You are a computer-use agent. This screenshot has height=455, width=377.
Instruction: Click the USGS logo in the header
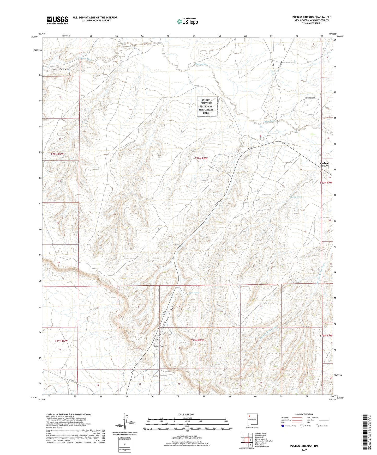click(57, 20)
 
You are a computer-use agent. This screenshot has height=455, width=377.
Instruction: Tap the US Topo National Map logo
click(187, 21)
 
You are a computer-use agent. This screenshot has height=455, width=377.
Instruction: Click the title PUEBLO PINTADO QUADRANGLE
click(312, 17)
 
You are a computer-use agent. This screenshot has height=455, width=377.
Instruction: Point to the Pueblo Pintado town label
click(324, 164)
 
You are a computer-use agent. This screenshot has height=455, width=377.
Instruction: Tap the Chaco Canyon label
click(59, 69)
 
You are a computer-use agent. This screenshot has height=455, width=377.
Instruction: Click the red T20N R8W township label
click(201, 158)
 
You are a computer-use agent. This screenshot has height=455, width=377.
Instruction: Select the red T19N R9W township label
click(61, 341)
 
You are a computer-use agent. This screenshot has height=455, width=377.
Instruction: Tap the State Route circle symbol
click(317, 426)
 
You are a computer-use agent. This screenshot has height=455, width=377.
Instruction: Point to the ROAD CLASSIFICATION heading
click(304, 414)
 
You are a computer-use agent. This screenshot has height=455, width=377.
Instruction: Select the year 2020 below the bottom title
click(304, 450)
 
